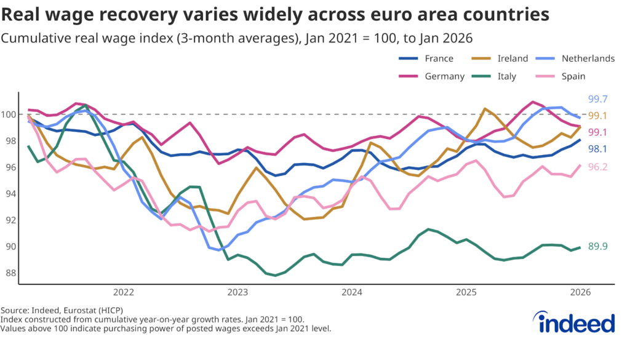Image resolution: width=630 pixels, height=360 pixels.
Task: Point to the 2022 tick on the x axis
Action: coord(124,291)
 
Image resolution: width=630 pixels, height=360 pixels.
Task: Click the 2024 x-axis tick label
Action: coord(353,291)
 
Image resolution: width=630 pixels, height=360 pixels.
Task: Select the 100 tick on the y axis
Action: coord(9,114)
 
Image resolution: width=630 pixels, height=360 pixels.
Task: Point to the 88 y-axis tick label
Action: coord(12,273)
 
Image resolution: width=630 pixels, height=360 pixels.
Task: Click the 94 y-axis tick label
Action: coord(12,194)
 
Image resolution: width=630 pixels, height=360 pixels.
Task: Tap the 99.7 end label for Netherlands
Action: coord(598,99)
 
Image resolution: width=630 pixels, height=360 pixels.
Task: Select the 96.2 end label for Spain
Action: coord(598,166)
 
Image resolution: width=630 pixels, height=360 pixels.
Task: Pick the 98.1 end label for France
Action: coord(598,149)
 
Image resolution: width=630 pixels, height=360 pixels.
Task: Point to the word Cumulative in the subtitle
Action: coord(31,38)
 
